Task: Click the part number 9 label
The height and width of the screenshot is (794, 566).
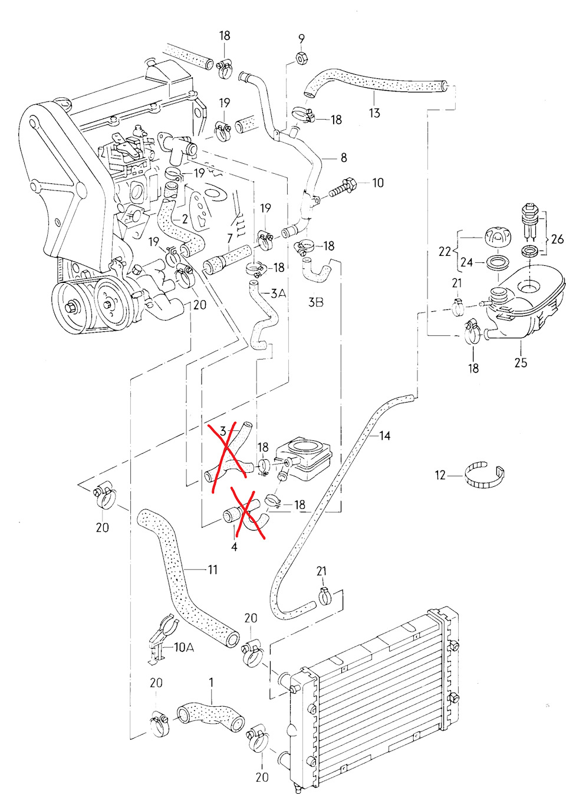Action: pyautogui.click(x=301, y=39)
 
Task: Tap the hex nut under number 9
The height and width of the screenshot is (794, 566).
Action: pyautogui.click(x=300, y=58)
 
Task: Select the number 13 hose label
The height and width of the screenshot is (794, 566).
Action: pyautogui.click(x=374, y=113)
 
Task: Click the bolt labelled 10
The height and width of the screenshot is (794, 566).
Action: pyautogui.click(x=341, y=188)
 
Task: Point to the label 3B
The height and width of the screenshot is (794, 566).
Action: pyautogui.click(x=315, y=302)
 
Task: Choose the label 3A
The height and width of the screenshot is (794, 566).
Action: pyautogui.click(x=278, y=293)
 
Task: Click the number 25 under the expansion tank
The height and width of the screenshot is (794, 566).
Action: pyautogui.click(x=520, y=362)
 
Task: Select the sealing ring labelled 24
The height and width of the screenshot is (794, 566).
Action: pyautogui.click(x=499, y=262)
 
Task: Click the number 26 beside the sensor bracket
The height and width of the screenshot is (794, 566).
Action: pyautogui.click(x=557, y=239)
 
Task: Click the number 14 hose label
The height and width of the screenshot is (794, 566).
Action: pyautogui.click(x=384, y=436)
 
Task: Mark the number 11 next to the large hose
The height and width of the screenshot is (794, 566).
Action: pyautogui.click(x=212, y=569)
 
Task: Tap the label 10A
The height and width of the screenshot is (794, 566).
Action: pyautogui.click(x=183, y=647)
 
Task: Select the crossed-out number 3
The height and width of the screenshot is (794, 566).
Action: pyautogui.click(x=223, y=431)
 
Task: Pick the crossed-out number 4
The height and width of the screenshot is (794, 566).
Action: pyautogui.click(x=234, y=547)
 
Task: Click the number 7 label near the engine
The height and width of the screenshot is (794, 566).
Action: pyautogui.click(x=230, y=239)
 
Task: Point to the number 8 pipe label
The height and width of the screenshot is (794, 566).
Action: pyautogui.click(x=344, y=157)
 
